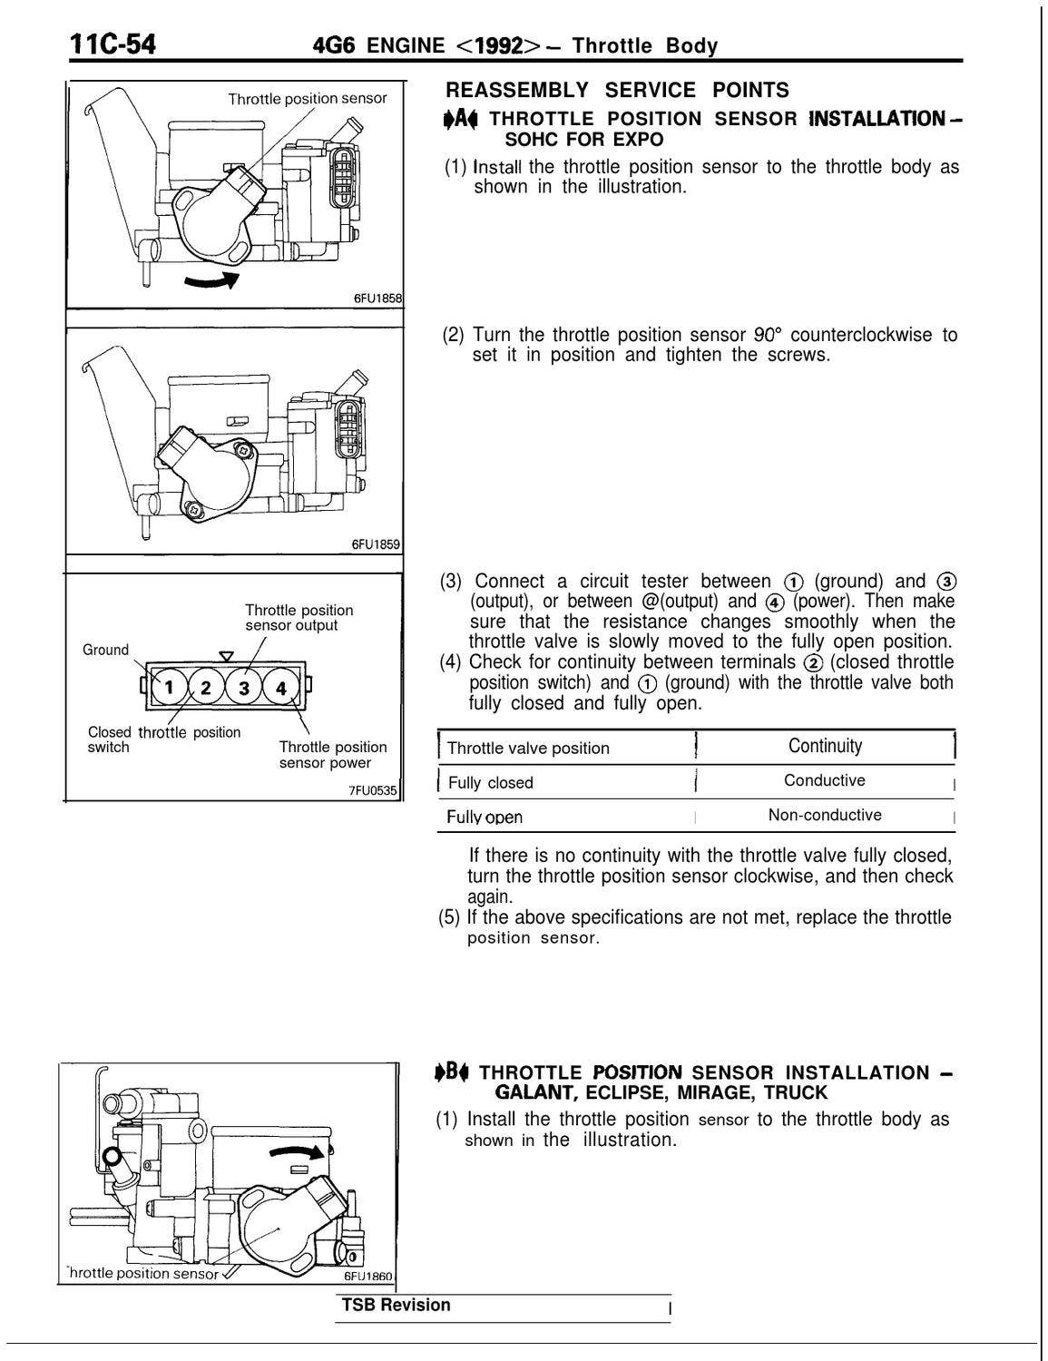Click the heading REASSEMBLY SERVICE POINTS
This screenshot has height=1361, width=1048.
coord(617,90)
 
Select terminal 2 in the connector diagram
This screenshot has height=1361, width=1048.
coord(206,686)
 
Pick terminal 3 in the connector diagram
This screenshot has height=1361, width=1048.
coord(243,687)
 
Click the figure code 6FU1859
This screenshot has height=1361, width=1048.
coord(377,543)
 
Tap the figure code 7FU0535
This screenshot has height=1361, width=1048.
coord(373,790)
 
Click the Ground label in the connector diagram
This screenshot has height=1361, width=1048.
coord(105,650)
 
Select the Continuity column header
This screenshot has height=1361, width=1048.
coord(825,746)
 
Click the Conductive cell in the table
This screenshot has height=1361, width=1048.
coord(824,780)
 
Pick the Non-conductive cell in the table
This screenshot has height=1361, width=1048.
coord(824,815)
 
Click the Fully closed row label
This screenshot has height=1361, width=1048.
coord(491,782)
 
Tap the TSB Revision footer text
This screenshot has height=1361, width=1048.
coord(396,1305)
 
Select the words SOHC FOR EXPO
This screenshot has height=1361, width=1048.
coord(583,140)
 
